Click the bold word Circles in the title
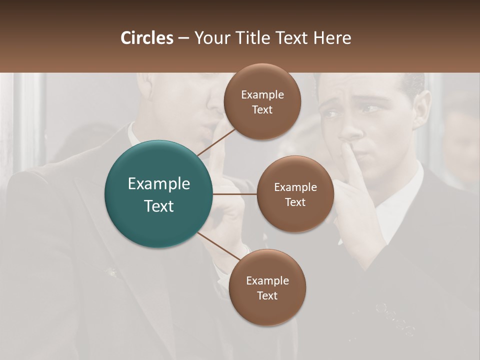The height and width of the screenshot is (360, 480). (147, 38)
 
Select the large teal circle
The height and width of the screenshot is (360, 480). (158, 194)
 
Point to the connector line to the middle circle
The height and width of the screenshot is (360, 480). (235, 194)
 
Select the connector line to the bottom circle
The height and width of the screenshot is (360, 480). (218, 246)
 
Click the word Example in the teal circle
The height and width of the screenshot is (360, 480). (159, 184)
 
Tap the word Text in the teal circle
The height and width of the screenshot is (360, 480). (159, 206)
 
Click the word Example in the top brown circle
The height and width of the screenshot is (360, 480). (262, 95)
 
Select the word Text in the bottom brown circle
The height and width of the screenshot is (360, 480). (267, 295)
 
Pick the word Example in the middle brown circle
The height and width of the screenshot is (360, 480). (295, 187)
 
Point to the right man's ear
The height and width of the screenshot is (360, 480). (422, 107)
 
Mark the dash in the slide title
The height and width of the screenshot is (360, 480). (183, 38)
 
